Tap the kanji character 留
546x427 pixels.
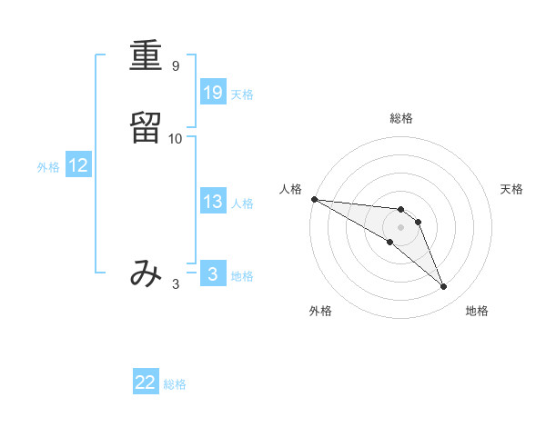pos(146,128)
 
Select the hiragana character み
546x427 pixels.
pos(146,273)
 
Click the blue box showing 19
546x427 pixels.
pos(212,92)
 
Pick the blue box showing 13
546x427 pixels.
pos(212,202)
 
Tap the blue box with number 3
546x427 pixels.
pos(212,274)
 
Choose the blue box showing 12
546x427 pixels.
pos(78,165)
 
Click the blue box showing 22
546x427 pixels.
pos(146,382)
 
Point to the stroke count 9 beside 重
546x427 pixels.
pos(176,66)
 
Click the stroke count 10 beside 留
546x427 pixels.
pos(176,139)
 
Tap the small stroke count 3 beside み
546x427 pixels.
pos(176,284)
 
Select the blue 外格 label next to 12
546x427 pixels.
pos(48,167)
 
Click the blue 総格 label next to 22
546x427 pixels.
pos(175,384)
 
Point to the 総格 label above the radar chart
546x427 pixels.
pos(400,118)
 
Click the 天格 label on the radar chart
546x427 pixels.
pos(511,189)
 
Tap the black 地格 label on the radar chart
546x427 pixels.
pos(477,312)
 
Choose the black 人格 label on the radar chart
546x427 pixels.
pos(290,189)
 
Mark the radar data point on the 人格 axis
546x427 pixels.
pos(314,199)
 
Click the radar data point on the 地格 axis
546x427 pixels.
pos(443,287)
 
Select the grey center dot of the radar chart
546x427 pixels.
pos(400,227)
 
